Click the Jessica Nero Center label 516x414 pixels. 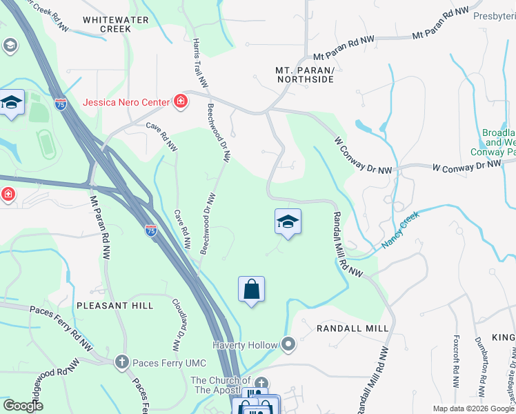[x=126, y=102]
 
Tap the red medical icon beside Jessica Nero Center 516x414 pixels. [x=181, y=102]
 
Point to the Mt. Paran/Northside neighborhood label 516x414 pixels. [x=305, y=75]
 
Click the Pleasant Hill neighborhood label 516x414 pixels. [x=115, y=304]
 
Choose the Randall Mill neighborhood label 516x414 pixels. [x=353, y=328]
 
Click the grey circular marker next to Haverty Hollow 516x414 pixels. [x=288, y=344]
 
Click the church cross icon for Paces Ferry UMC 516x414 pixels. [x=121, y=361]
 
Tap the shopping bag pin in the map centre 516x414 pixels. [x=252, y=290]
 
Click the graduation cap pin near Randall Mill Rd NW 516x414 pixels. [x=288, y=222]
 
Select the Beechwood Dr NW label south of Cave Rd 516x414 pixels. [x=208, y=224]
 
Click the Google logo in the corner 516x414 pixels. [x=23, y=406]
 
